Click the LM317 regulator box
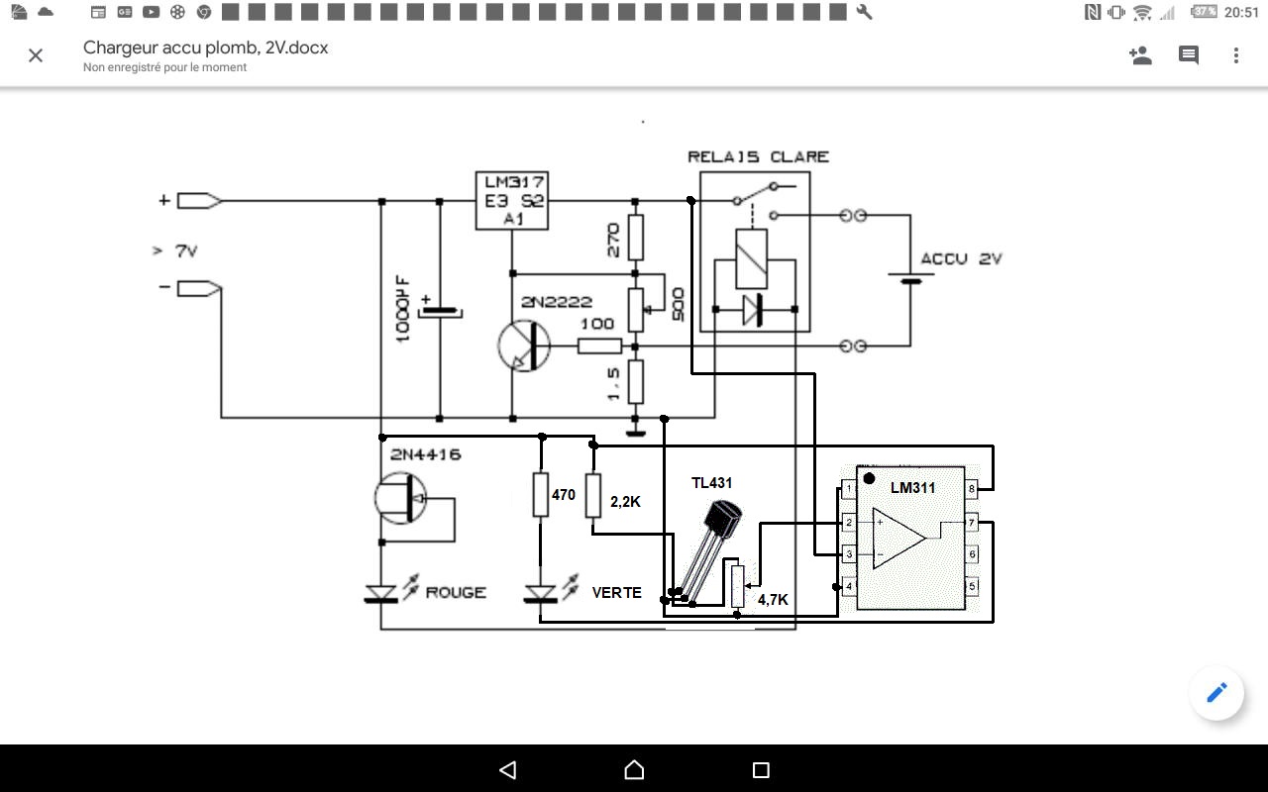(512, 201)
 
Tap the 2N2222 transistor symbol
(524, 346)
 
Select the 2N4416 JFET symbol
(401, 498)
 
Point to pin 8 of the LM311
(972, 488)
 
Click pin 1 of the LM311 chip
(849, 488)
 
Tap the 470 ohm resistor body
(541, 495)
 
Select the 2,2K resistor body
(592, 496)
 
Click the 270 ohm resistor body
(636, 237)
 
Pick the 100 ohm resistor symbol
(599, 346)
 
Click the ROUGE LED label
(456, 592)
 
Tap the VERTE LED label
(616, 592)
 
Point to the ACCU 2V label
(961, 259)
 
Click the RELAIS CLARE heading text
(758, 156)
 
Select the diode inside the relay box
(754, 310)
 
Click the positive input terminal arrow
(199, 201)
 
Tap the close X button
(36, 55)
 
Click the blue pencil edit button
(1216, 693)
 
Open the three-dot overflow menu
(1236, 55)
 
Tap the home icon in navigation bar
(634, 770)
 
